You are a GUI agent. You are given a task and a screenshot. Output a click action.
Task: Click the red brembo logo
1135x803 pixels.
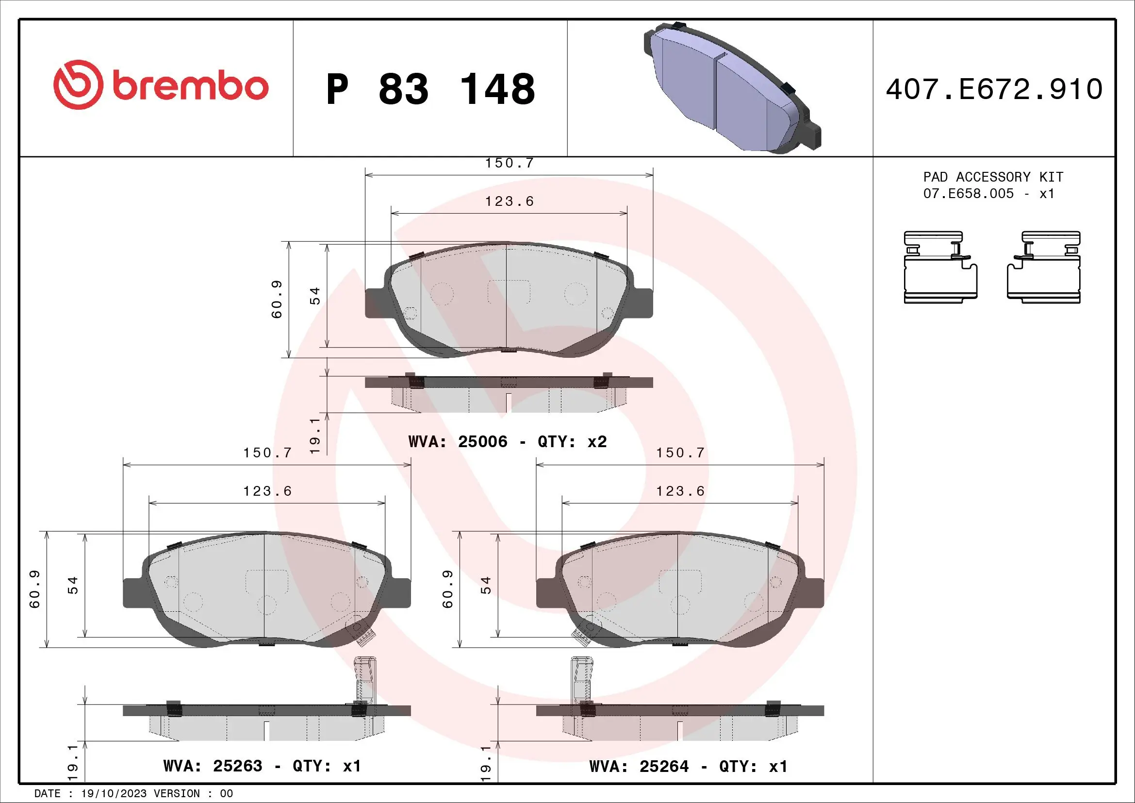pos(161,85)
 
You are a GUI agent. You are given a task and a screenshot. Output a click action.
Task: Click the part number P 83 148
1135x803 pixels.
pos(430,89)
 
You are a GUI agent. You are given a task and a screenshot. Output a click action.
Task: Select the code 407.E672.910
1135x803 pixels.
pos(994,89)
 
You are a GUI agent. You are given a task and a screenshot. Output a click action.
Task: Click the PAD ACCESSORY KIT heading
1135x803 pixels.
pos(993,177)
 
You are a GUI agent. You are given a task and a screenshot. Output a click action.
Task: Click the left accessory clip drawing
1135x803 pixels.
pos(940,267)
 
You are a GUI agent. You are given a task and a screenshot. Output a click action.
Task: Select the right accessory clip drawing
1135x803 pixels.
pos(1044,267)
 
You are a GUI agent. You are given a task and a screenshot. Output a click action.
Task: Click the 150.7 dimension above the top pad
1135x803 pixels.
pos(509,163)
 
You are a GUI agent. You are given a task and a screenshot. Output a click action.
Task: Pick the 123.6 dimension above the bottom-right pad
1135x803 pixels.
pos(680,491)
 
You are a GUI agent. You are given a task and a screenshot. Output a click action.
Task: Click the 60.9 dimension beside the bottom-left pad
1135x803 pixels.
pos(34,589)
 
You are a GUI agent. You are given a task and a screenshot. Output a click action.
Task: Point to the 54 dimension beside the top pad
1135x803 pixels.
pos(315,295)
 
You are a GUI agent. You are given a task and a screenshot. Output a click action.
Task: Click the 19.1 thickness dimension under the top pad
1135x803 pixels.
pos(315,435)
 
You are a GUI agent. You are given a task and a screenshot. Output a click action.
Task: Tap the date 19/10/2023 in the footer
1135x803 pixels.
pos(114,794)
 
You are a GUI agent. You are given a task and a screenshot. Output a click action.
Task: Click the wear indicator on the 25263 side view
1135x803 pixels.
pos(364,680)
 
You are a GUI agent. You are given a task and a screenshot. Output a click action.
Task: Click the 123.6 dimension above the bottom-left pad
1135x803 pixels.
pos(267,491)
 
